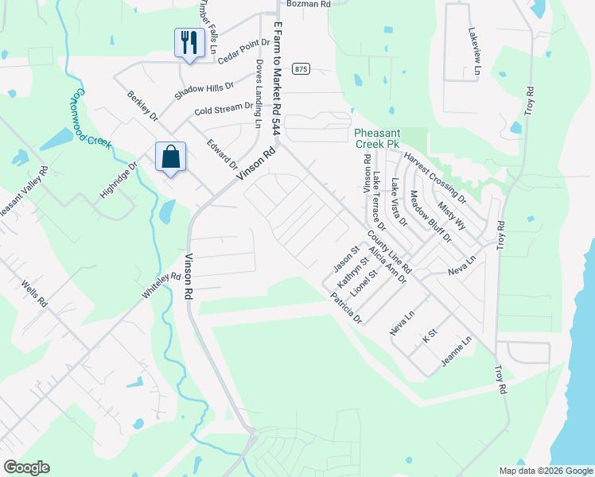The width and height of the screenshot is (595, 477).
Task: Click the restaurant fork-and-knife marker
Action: coord(189,43)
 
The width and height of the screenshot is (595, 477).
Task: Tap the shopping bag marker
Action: coord(171,157)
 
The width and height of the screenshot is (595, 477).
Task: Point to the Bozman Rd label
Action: coord(309,4)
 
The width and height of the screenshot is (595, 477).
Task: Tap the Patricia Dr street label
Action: coord(346,308)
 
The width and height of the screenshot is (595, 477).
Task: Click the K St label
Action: coord(430,336)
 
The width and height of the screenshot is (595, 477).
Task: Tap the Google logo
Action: coord(26,467)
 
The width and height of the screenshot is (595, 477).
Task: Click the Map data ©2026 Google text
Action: coord(545,471)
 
